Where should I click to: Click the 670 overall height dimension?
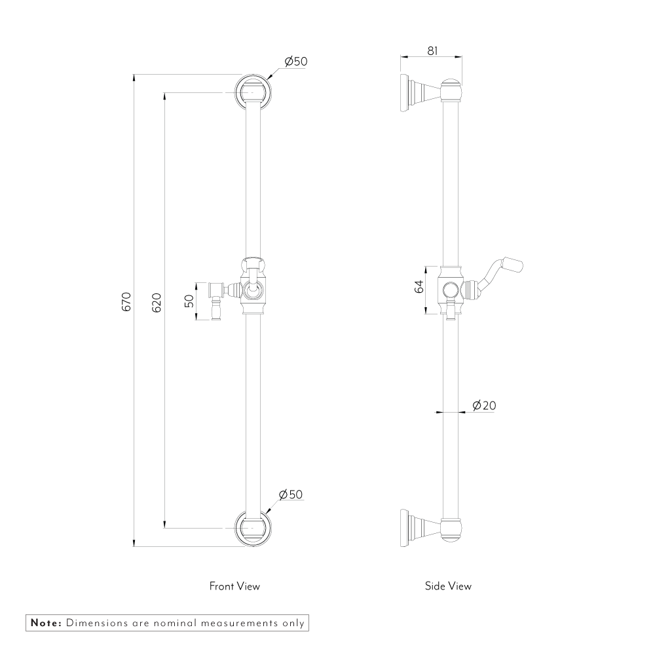point(126,301)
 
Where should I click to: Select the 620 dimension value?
point(157,303)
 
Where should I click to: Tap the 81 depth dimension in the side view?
point(432,51)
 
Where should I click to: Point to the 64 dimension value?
point(419,287)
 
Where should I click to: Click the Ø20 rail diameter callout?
point(484,405)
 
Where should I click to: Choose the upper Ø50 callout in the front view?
point(296,62)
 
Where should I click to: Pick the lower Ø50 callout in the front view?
point(290,495)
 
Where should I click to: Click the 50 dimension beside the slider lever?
point(189,301)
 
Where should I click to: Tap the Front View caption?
point(234,586)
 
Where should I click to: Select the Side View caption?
point(448,586)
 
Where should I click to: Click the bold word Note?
point(46,623)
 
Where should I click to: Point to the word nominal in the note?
point(176,623)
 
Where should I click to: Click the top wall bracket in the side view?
point(431,94)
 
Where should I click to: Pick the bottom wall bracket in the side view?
point(431,528)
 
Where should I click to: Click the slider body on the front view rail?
point(253,287)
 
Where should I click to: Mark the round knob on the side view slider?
point(450,289)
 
